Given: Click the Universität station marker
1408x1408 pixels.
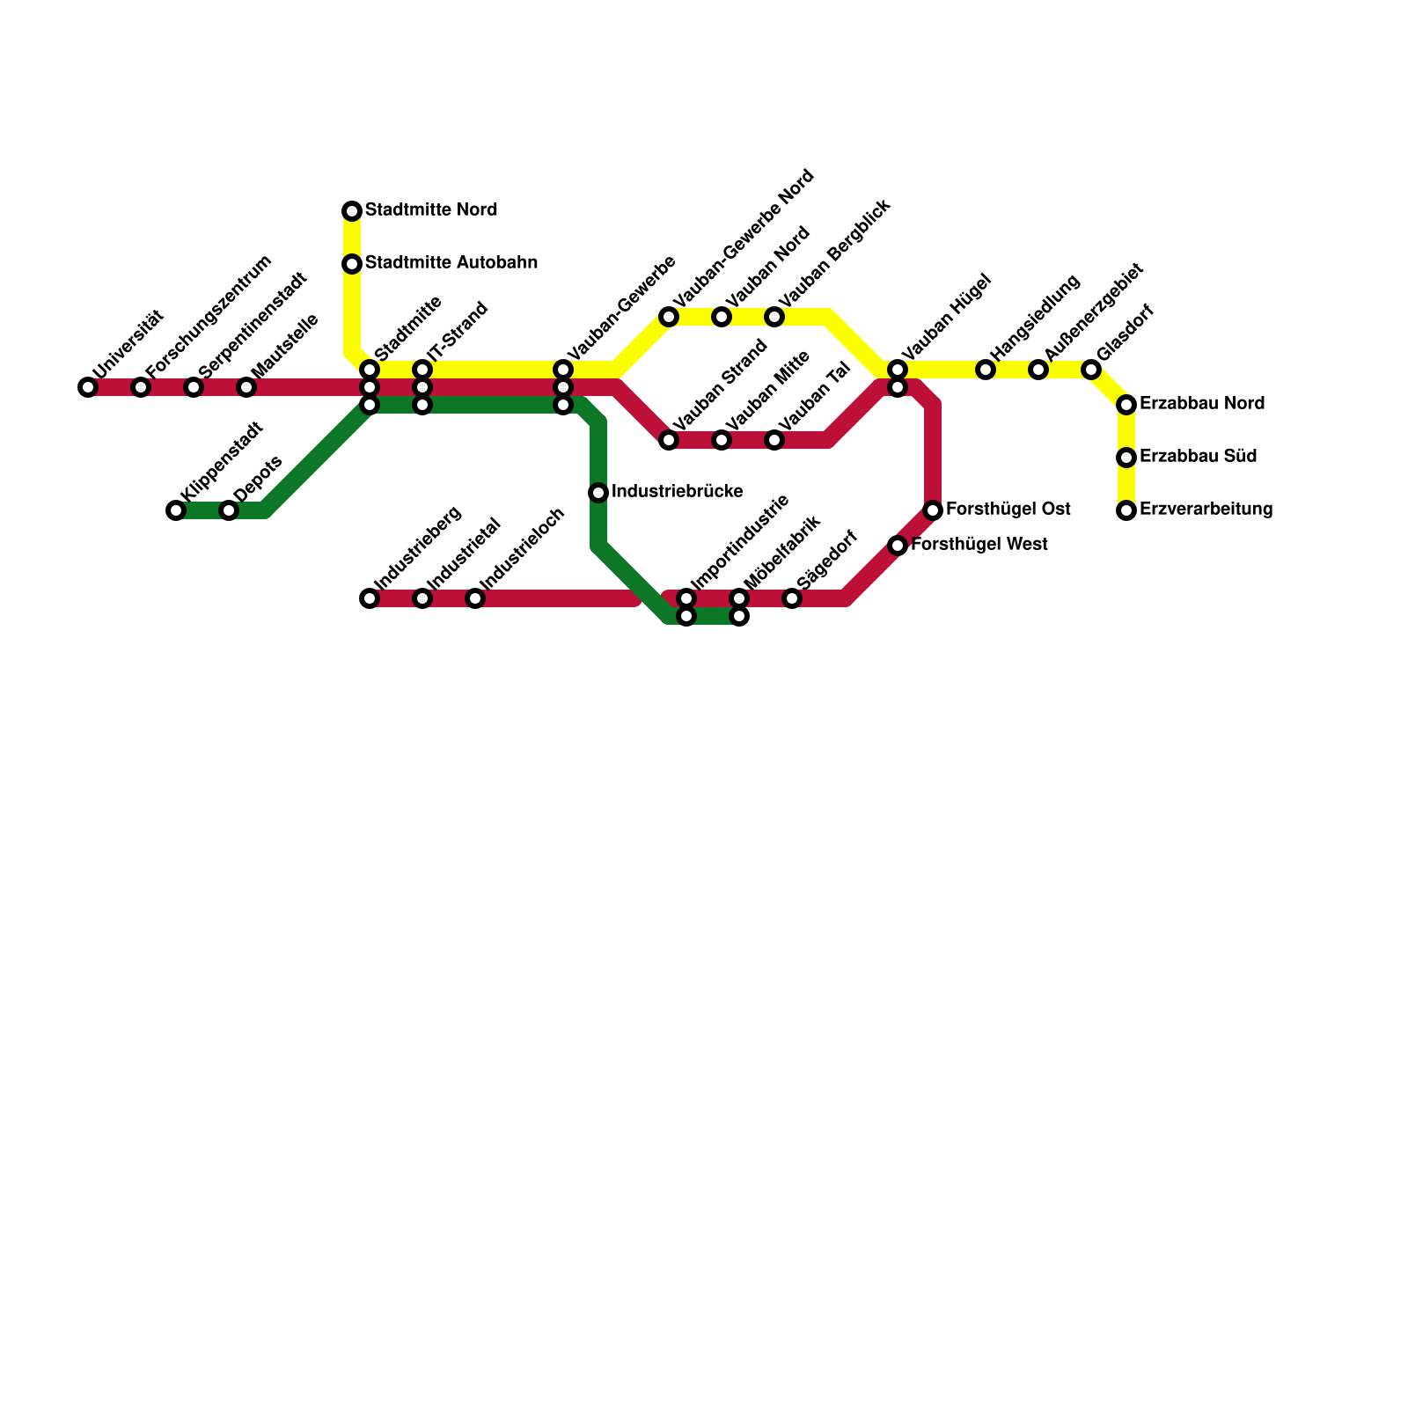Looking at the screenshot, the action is click(x=88, y=387).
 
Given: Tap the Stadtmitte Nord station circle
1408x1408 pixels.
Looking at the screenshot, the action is click(x=352, y=211).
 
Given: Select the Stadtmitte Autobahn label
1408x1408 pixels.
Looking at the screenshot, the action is click(x=451, y=263).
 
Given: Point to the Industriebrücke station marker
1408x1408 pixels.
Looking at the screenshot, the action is click(x=598, y=493).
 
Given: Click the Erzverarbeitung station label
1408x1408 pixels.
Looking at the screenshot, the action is click(x=1206, y=510).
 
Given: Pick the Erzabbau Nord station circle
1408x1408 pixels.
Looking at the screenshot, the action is click(x=1126, y=405).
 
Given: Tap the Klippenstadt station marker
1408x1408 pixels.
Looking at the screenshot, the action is click(x=176, y=510).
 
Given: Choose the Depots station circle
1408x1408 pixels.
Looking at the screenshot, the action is click(x=229, y=510).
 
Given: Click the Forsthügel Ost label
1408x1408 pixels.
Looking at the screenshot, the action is click(x=1008, y=510).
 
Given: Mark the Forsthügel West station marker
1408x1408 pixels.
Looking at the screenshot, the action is click(x=898, y=546).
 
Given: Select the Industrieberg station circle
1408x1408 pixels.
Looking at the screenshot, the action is click(x=370, y=598).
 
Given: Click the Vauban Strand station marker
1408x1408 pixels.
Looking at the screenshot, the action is click(x=669, y=440).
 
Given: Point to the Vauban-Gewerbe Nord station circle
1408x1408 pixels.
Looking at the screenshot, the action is click(x=669, y=317).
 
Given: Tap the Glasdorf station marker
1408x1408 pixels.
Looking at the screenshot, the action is click(x=1091, y=370).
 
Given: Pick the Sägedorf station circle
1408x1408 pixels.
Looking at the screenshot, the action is click(x=792, y=598).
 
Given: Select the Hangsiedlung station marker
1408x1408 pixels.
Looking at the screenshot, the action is click(x=986, y=370).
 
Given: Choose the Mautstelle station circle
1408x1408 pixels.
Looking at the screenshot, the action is click(x=246, y=387).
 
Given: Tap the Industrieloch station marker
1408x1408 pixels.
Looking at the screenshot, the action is click(x=475, y=598).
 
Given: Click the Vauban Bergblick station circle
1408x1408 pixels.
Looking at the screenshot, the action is click(x=774, y=317).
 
